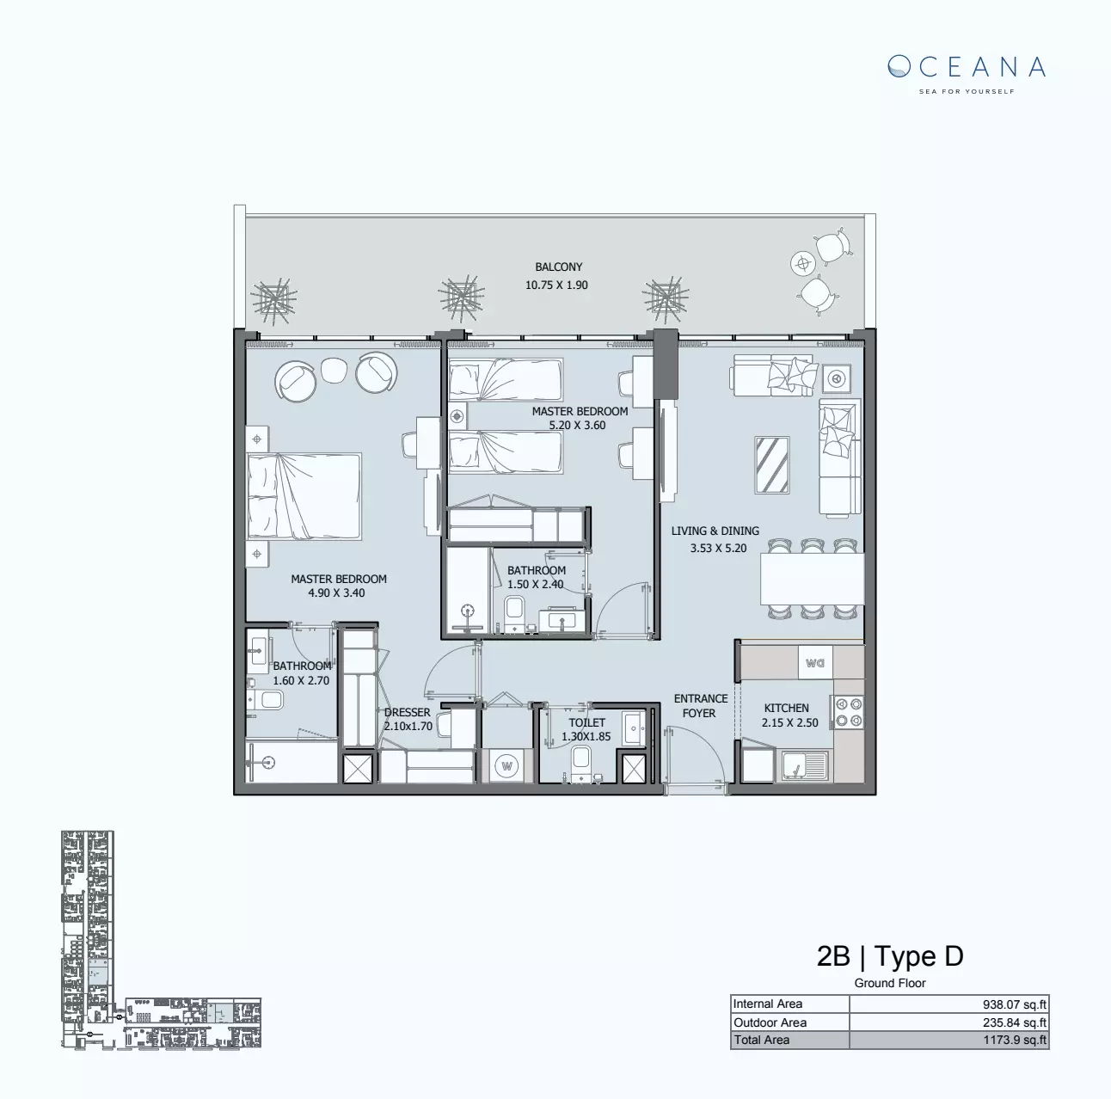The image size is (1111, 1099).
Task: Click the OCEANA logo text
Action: point(967,67)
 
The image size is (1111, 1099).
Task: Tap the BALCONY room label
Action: point(558,267)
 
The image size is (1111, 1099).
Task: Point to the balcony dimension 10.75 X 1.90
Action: point(556,285)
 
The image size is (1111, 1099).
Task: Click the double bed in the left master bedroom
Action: point(304,496)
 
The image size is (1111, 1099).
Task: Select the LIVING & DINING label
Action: point(715,531)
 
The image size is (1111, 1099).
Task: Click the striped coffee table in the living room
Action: point(771,465)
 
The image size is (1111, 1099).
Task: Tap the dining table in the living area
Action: point(811,579)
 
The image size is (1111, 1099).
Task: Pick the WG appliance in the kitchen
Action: point(815,663)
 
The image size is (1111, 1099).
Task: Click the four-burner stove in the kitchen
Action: point(848,712)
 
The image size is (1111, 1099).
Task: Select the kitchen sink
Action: point(803,765)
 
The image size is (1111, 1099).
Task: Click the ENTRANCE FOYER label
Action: point(700,705)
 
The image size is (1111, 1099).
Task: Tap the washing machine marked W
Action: point(507,765)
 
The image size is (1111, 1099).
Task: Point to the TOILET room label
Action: point(586,722)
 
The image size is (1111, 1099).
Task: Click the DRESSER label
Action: point(407,712)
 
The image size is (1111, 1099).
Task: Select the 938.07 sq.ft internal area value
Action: point(1015,1004)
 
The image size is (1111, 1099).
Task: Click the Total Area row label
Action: point(761,1040)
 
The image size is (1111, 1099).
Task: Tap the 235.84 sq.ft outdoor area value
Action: point(1015,1022)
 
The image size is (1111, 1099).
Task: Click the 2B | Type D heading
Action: point(890,955)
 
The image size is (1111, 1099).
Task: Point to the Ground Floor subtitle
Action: point(890,983)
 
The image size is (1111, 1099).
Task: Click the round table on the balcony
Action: point(803,262)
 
